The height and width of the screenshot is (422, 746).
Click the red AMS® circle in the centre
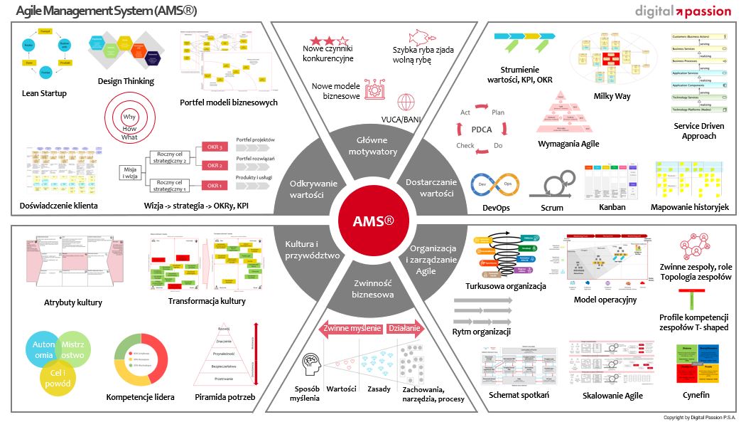tap(374, 221)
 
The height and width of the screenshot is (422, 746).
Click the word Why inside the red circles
tap(129, 117)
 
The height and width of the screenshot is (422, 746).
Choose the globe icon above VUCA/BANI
tap(406, 101)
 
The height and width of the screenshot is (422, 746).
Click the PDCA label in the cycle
tap(482, 130)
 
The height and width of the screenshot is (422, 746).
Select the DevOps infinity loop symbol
tap(494, 184)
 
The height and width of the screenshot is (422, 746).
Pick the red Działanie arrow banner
tap(406, 329)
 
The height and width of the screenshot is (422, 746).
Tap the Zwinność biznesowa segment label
tap(373, 288)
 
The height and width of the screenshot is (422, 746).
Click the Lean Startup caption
tap(44, 93)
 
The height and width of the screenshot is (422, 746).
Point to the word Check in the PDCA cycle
tap(465, 145)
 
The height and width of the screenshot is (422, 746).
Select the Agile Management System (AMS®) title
tap(106, 12)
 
